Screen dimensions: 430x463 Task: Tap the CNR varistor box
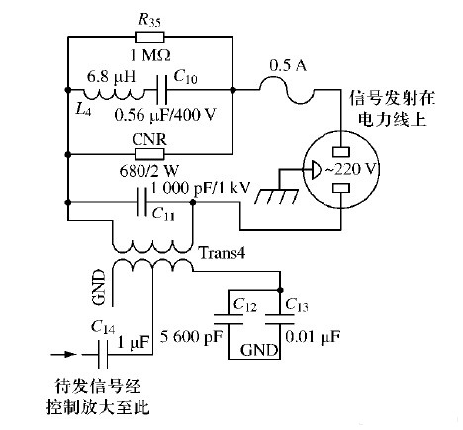point(149,154)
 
